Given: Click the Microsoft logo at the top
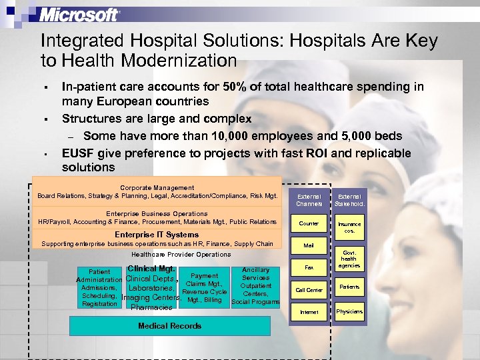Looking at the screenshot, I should coord(79,14).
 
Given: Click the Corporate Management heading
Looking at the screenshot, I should coord(157,188).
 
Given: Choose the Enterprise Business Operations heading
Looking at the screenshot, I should coord(157,214).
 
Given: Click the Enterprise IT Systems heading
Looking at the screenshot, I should coord(157,235).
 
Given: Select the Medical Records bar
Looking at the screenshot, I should coord(170,326).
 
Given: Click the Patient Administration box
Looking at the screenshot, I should coord(99,287).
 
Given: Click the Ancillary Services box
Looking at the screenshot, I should coord(255,286).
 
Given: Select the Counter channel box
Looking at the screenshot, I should coord(309,224).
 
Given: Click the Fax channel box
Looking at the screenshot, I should coord(309,267).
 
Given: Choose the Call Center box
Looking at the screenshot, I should coord(309,290).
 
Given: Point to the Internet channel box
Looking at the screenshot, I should coord(309,312).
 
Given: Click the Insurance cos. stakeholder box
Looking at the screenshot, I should coord(349,227).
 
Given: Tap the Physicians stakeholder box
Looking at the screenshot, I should coord(349,311).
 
